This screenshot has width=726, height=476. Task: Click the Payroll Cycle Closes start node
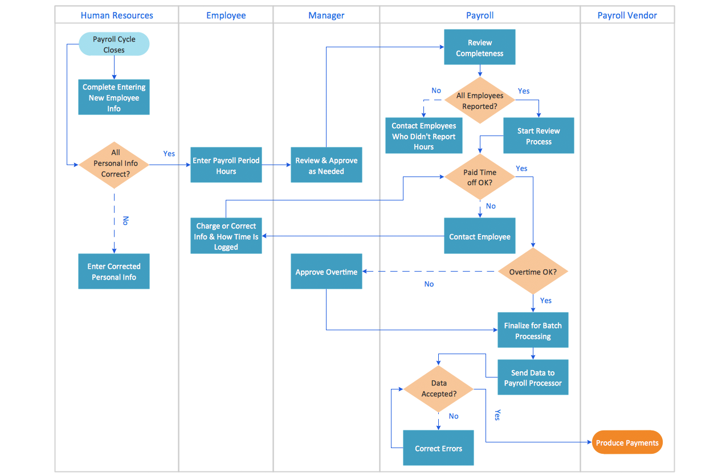click(114, 44)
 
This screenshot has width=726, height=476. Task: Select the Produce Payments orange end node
click(627, 442)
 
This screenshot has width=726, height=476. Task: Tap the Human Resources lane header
click(117, 15)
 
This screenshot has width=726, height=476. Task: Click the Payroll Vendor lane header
click(627, 15)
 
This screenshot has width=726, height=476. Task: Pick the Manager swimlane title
click(326, 15)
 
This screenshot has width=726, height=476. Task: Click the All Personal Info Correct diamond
click(115, 164)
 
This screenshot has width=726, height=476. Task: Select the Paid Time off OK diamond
click(479, 177)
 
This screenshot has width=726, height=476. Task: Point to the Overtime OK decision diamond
click(533, 272)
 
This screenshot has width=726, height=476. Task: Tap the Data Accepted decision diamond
click(438, 389)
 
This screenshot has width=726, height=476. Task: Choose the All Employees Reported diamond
click(479, 101)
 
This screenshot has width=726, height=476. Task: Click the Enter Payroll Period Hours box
click(226, 166)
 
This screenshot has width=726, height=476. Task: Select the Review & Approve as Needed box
click(326, 166)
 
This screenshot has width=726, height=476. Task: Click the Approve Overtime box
click(326, 272)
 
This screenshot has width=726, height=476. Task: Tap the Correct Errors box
click(438, 448)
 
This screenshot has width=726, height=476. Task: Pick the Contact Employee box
click(479, 236)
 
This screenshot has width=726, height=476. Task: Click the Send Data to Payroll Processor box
click(533, 377)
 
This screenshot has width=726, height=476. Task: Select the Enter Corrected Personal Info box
click(114, 272)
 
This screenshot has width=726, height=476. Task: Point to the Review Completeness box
click(479, 47)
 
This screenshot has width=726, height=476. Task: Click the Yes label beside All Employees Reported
click(523, 91)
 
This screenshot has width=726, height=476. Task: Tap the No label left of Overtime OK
click(429, 284)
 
